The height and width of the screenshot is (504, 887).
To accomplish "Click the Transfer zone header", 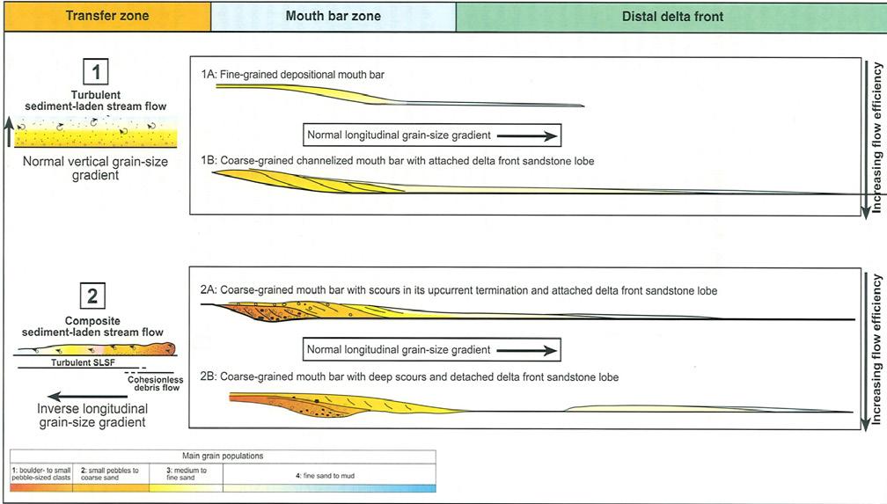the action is click(x=106, y=16).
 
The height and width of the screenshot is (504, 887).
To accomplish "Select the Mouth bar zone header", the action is click(x=333, y=16).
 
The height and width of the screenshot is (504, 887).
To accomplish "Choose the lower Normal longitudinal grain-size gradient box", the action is click(x=432, y=350).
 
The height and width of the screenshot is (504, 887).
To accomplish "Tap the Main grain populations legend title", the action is click(x=223, y=456).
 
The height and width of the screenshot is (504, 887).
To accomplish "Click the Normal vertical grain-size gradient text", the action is click(x=84, y=168).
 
